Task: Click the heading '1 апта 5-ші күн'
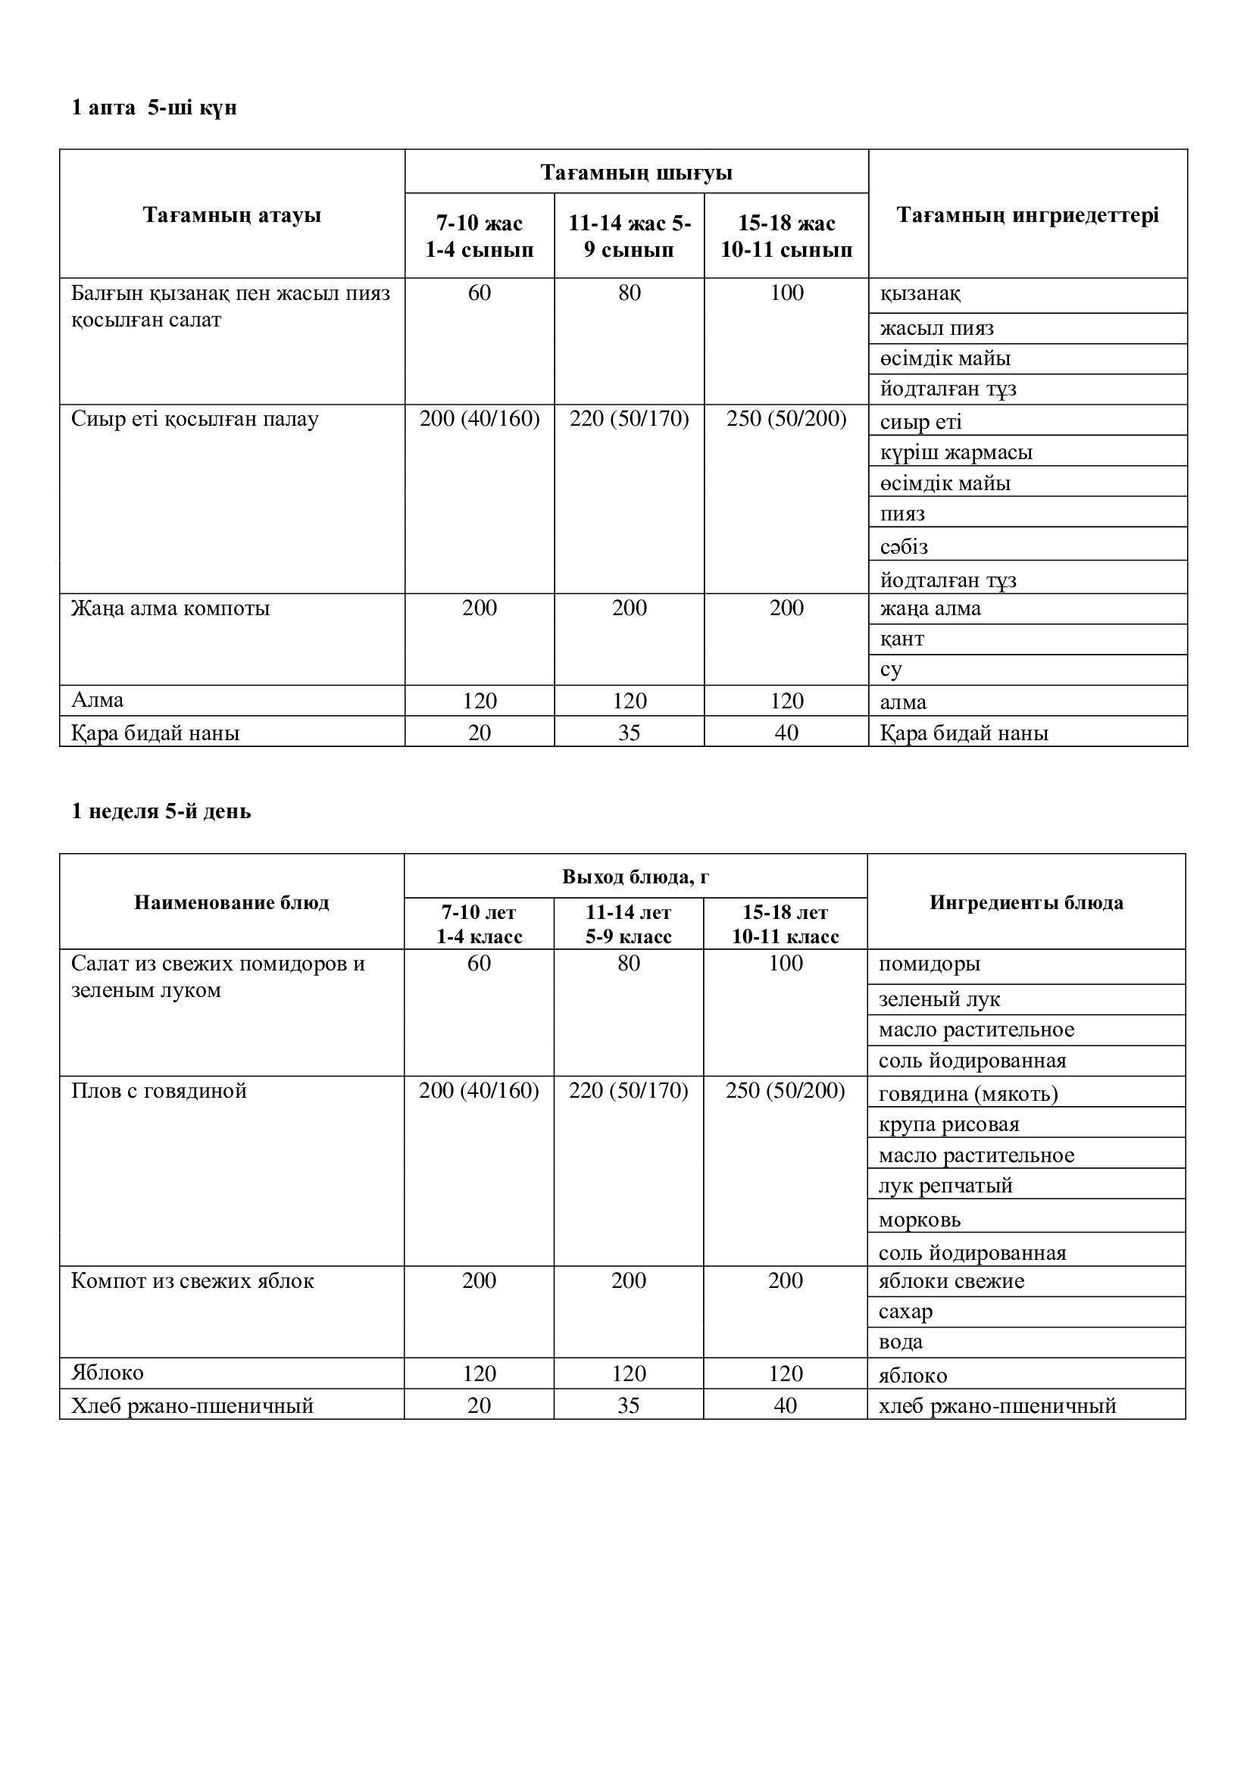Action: (x=154, y=108)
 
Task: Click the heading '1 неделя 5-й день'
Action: (x=161, y=811)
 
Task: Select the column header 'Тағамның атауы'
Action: (x=232, y=214)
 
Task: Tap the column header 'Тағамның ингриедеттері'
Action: (x=1027, y=214)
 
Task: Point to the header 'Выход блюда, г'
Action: (x=635, y=877)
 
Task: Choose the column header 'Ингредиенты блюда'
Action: (x=1026, y=902)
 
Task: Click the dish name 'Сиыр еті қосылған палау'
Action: (x=195, y=419)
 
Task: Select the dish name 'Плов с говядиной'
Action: (x=159, y=1090)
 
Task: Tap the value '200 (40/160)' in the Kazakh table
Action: (x=479, y=419)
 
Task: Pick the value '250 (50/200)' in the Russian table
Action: (x=785, y=1090)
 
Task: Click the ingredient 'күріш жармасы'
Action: (x=955, y=452)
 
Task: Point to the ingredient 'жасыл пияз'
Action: (x=936, y=328)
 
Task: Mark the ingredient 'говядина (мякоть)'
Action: (x=967, y=1094)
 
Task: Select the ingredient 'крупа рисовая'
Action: (x=948, y=1124)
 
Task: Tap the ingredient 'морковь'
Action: (x=919, y=1220)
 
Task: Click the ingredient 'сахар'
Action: (x=905, y=1311)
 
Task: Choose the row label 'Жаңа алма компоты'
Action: (x=170, y=608)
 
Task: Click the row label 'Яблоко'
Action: (x=108, y=1372)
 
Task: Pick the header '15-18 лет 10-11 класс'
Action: (x=785, y=924)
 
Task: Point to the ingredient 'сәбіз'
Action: (x=904, y=546)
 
